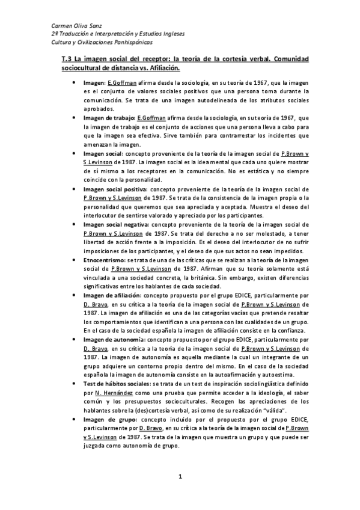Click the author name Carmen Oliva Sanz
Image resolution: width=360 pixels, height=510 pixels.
pos(76,26)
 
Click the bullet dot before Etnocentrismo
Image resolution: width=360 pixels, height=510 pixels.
pos(73,259)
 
